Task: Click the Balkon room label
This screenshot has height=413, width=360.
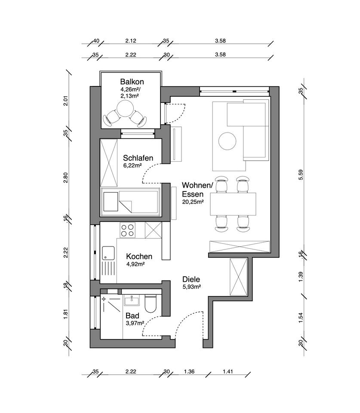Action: [132, 81]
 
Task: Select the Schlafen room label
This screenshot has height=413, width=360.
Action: [138, 158]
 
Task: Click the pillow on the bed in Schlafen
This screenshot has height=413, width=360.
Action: [111, 202]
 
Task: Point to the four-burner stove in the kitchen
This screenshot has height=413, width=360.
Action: [127, 230]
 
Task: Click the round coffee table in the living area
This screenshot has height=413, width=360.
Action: [227, 141]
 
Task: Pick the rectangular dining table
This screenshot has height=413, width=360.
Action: [233, 204]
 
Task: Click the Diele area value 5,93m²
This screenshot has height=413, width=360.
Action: [192, 287]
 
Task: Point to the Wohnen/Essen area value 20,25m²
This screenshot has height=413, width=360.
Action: [193, 202]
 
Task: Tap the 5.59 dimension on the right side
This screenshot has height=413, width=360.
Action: [301, 175]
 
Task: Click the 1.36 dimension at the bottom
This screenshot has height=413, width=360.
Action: [189, 371]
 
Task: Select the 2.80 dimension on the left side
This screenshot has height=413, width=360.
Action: [65, 178]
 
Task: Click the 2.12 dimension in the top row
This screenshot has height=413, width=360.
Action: [131, 41]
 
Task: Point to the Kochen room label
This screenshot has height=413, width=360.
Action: [139, 256]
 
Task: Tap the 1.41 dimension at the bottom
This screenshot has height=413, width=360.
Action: [228, 371]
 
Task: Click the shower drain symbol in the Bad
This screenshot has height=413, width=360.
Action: [104, 299]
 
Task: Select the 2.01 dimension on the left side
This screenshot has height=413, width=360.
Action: [65, 101]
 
